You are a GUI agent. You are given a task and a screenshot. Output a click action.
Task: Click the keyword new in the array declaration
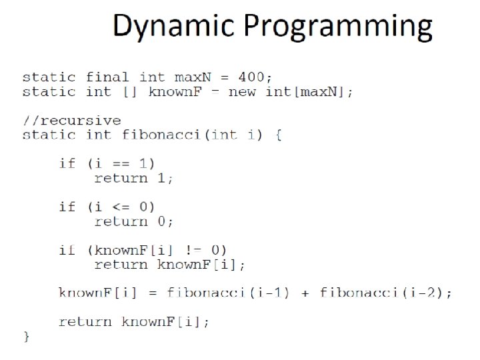tap(243, 91)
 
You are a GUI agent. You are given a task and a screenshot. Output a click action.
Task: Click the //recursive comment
tap(71, 121)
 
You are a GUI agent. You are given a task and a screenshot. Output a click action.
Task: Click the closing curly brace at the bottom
tap(26, 335)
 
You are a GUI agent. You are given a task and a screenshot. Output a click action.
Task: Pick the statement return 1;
tap(133, 178)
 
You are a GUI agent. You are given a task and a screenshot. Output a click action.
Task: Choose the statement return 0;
tap(133, 221)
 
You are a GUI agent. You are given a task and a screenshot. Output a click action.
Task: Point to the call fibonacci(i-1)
tap(227, 293)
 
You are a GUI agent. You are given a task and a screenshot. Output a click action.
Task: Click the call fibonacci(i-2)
tap(385, 293)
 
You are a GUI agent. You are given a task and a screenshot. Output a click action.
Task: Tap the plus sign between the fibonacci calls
tap(305, 293)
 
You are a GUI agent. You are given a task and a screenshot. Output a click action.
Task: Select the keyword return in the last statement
tap(85, 321)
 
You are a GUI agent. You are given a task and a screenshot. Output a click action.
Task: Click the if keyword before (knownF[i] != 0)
tap(67, 250)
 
